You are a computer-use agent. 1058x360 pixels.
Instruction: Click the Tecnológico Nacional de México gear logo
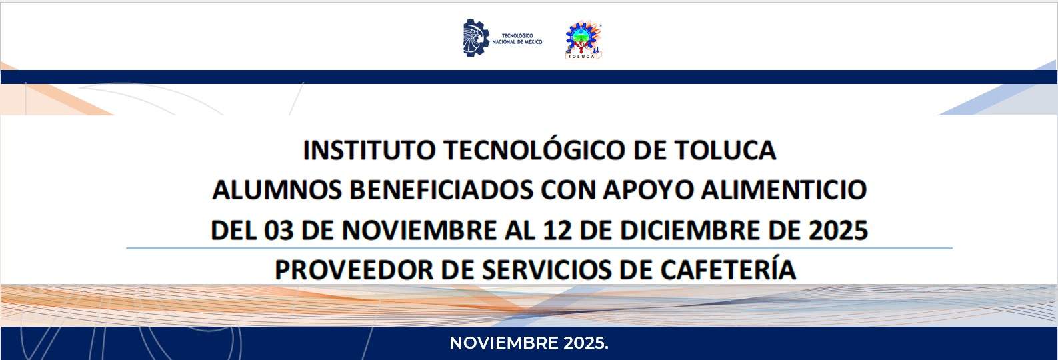pyautogui.click(x=475, y=38)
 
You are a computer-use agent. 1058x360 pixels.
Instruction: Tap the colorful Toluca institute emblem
pyautogui.click(x=584, y=40)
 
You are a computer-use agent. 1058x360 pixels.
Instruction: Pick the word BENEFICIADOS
pyautogui.click(x=441, y=190)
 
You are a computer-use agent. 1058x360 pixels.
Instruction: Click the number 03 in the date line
pyautogui.click(x=279, y=231)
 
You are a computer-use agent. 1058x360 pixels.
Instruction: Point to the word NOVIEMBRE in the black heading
pyautogui.click(x=419, y=231)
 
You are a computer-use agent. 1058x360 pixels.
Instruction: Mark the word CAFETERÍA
pyautogui.click(x=728, y=269)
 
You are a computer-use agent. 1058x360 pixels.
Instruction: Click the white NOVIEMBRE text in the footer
pyautogui.click(x=504, y=343)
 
